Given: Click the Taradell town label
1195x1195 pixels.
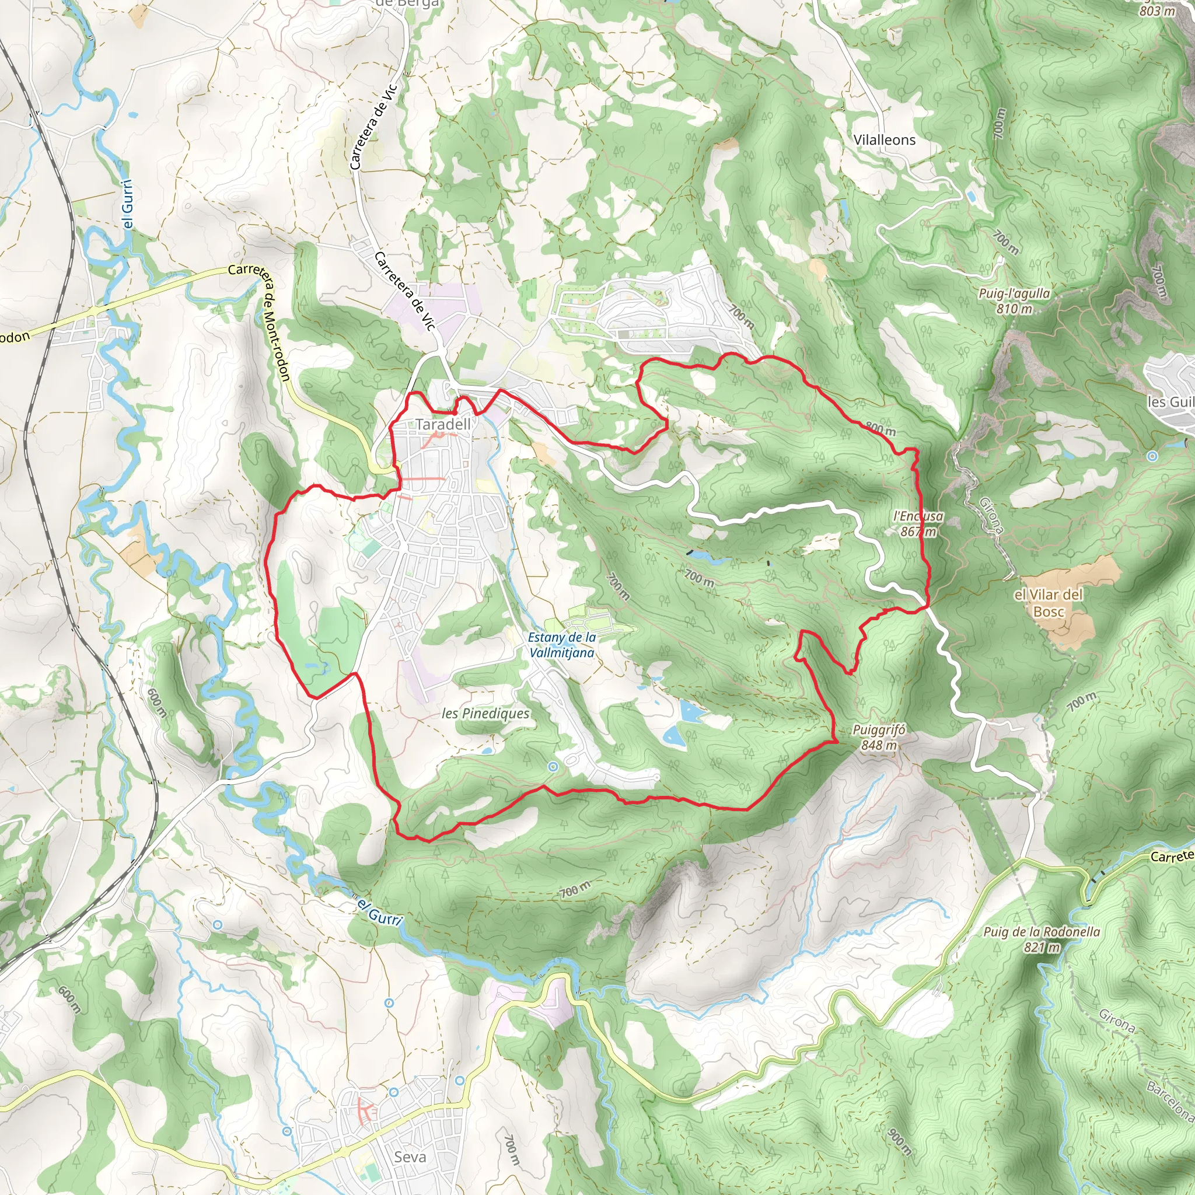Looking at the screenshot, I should click(x=443, y=424).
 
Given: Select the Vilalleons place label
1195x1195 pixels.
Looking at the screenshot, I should click(x=884, y=140).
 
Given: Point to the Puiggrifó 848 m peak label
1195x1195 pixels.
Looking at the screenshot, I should click(x=878, y=738).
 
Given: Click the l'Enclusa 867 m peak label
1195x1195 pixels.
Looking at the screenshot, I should click(x=918, y=523).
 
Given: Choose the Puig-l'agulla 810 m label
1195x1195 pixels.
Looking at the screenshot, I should click(x=1014, y=301).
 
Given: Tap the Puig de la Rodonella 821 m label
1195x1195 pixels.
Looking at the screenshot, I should click(x=1042, y=939).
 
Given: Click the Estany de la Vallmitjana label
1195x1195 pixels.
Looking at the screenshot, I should click(x=562, y=645).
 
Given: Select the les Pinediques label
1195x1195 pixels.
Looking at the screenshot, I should click(x=485, y=713).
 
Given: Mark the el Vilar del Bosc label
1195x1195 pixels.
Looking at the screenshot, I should click(x=1049, y=602).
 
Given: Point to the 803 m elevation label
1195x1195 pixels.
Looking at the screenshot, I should click(x=1157, y=11).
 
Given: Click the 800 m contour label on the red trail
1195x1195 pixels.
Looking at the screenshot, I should click(x=880, y=428).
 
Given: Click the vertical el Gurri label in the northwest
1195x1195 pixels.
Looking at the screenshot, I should click(x=127, y=204).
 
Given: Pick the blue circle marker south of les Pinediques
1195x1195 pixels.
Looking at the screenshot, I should click(x=553, y=766).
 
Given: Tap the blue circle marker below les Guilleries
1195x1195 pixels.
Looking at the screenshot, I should click(x=1152, y=456).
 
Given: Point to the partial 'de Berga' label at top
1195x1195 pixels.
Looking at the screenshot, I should click(x=407, y=4).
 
